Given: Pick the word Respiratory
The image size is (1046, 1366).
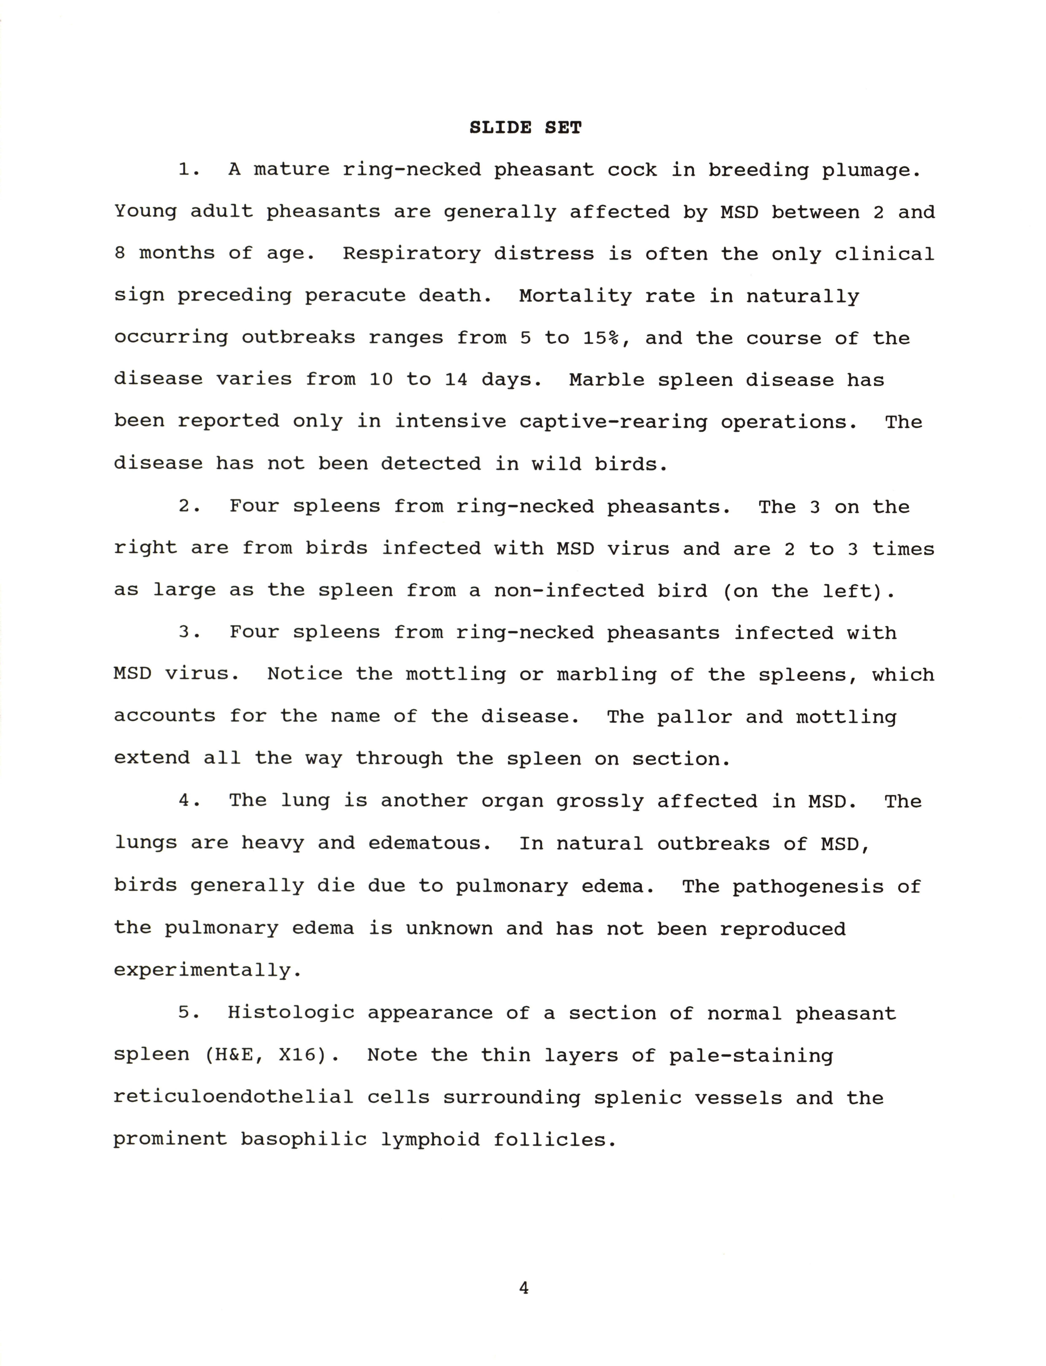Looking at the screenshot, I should click(411, 254).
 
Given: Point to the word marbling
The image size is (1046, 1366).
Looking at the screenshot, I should click(606, 675).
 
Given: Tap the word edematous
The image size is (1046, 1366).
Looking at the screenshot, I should click(430, 843).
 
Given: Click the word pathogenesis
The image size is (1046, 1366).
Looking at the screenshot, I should click(808, 886).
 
